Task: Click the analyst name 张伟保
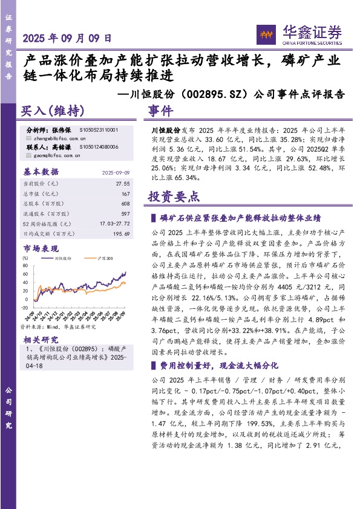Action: click(x=62, y=130)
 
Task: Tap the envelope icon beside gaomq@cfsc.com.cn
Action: click(x=30, y=155)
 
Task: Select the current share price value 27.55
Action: click(x=123, y=183)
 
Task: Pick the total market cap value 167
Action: click(x=126, y=193)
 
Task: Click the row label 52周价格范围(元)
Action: click(x=48, y=224)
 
